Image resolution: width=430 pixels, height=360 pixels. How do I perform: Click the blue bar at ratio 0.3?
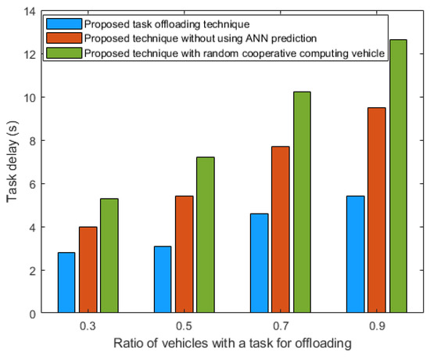point(67,283)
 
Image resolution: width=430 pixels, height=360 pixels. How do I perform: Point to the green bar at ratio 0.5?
point(206,235)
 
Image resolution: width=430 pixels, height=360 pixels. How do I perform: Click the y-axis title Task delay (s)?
point(10,162)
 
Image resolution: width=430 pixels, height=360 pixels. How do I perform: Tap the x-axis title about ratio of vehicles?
point(232,344)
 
